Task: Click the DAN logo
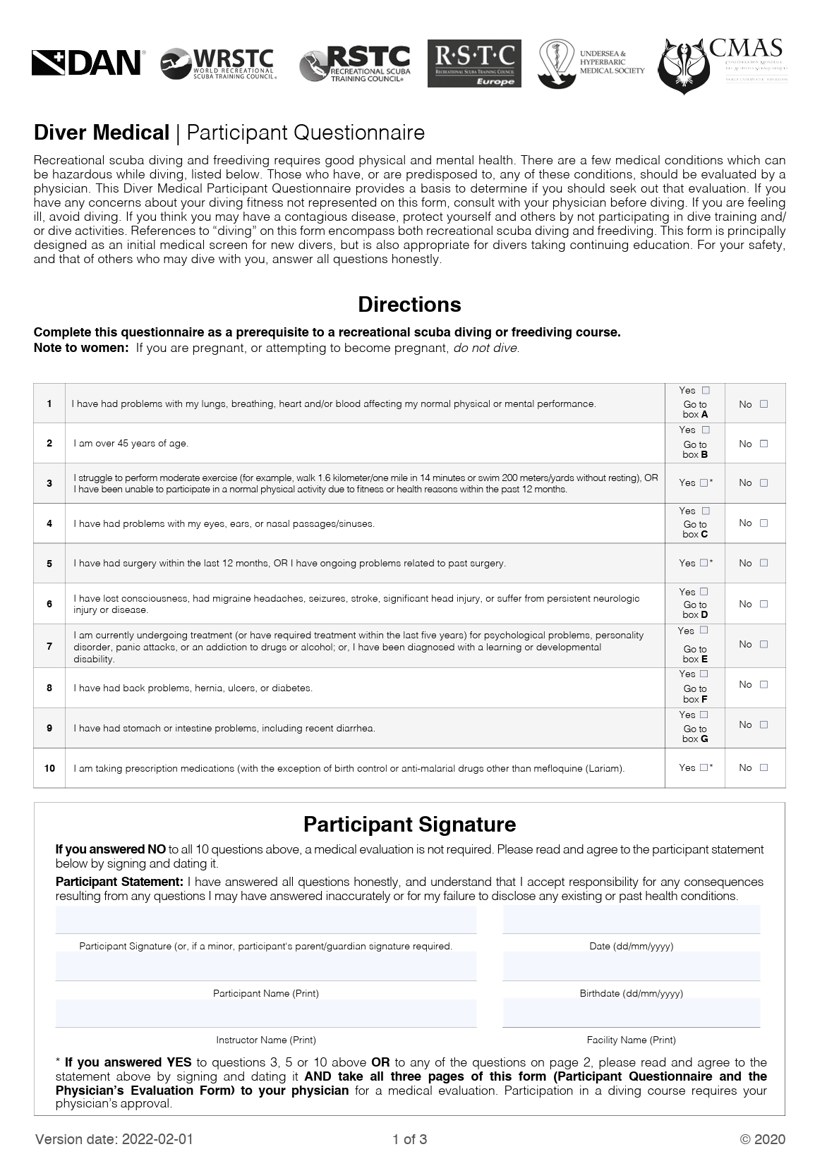[x=87, y=63]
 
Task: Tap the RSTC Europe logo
[x=474, y=63]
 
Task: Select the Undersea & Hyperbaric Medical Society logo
[x=591, y=63]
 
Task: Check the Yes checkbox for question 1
[x=706, y=390]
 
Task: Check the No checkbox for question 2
[x=763, y=444]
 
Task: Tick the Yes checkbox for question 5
[x=704, y=563]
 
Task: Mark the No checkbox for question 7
[x=763, y=644]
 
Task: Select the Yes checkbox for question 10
[x=704, y=767]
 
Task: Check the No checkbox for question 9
[x=763, y=724]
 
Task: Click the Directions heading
[x=409, y=304]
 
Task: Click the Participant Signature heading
[x=409, y=824]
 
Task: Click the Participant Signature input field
[x=266, y=920]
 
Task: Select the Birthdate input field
[x=631, y=966]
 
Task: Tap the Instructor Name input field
[x=266, y=1013]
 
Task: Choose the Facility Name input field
[x=631, y=1013]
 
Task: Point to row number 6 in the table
[x=49, y=604]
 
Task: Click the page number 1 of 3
[x=409, y=1139]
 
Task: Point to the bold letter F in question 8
[x=704, y=700]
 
